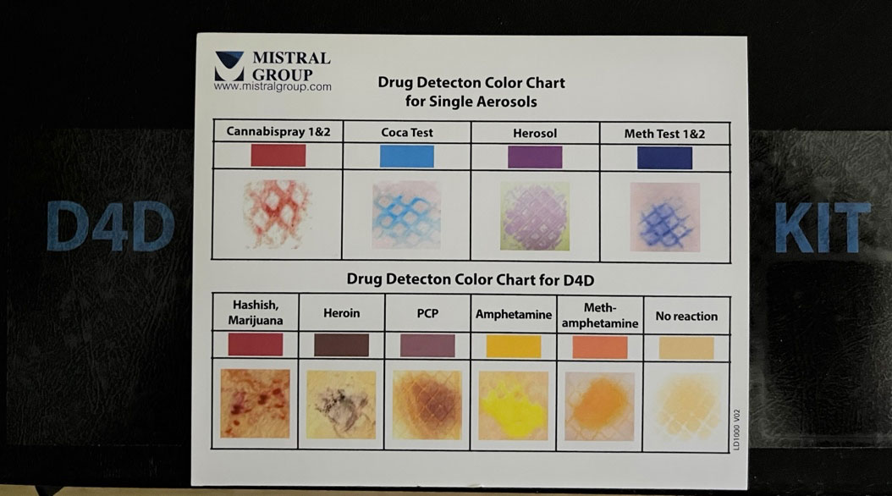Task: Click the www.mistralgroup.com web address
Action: point(273,86)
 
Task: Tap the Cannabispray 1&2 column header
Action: point(278,133)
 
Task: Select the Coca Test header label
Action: point(407,133)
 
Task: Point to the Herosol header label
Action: point(535,133)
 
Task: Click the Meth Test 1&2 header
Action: point(664,133)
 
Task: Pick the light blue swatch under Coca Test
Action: point(407,157)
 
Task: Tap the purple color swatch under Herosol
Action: point(535,157)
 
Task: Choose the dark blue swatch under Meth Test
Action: point(664,157)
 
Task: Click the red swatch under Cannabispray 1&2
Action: point(278,156)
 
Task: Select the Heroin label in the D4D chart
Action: point(341,313)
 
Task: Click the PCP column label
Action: point(427,313)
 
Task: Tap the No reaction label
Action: point(686,317)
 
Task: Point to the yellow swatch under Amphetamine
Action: point(514,347)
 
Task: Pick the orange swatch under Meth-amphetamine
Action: point(600,347)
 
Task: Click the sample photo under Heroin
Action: point(341,405)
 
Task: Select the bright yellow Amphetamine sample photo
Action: point(514,405)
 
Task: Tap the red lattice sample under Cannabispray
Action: point(278,214)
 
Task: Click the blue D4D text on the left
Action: point(110,227)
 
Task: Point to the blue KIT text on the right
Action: point(823,227)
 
